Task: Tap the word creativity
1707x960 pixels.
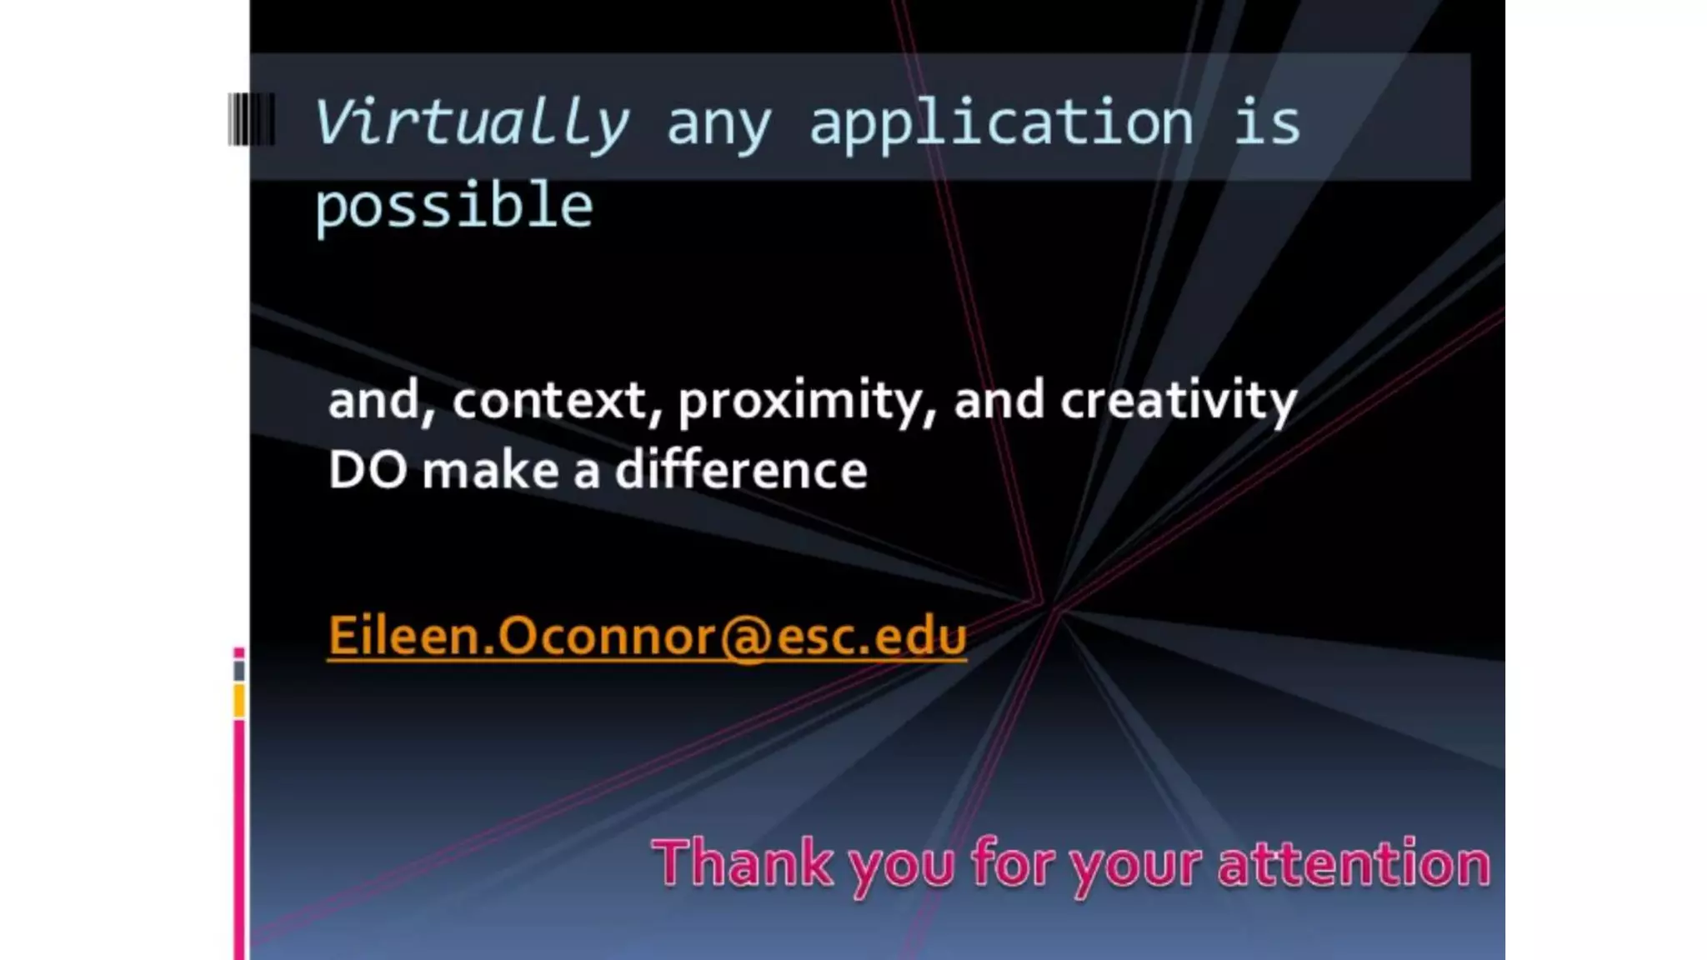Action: click(x=1178, y=401)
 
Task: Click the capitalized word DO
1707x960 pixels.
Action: click(x=368, y=470)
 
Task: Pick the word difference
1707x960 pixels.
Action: click(x=741, y=470)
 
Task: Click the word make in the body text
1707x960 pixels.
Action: click(x=490, y=470)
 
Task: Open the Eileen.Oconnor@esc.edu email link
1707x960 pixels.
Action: click(x=647, y=637)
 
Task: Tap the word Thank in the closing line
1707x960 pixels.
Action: click(x=743, y=863)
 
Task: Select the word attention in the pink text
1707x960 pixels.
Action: click(x=1354, y=863)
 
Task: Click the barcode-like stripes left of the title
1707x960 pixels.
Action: click(x=251, y=119)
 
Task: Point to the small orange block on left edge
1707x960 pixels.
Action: click(x=239, y=701)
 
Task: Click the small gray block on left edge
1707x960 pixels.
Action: click(x=239, y=670)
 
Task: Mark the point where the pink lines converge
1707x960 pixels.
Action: click(x=1048, y=604)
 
